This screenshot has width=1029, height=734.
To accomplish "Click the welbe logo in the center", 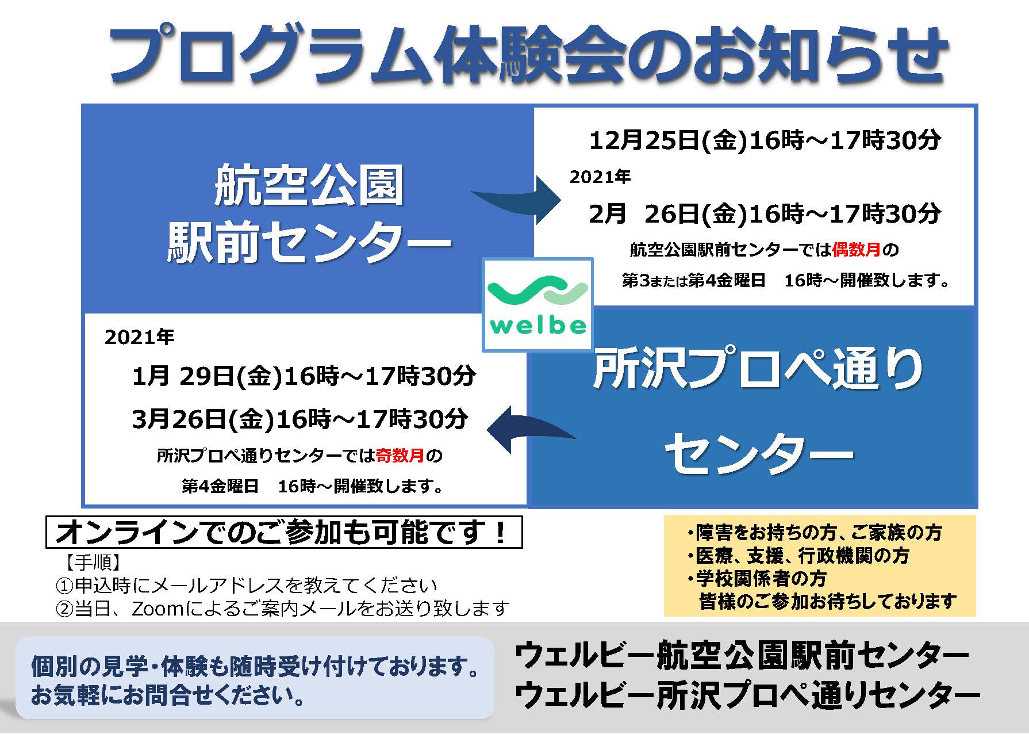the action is [x=537, y=304].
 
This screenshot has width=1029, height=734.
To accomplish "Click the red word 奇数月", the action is [x=400, y=456].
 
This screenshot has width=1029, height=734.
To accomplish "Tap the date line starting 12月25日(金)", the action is [x=765, y=140].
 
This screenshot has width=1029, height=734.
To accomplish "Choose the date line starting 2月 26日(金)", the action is [x=765, y=214].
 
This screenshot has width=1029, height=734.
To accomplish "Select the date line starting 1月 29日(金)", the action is [x=304, y=376].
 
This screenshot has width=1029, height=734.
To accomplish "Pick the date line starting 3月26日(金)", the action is [x=300, y=419].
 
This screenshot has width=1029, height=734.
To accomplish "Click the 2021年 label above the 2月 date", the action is [x=600, y=177].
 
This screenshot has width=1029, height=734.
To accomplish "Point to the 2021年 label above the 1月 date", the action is [x=140, y=337].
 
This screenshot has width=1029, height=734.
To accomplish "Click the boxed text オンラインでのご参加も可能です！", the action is [x=283, y=532].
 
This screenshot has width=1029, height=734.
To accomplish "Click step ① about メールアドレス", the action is [x=246, y=586].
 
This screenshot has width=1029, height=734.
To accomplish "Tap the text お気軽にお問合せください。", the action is [x=168, y=695].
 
